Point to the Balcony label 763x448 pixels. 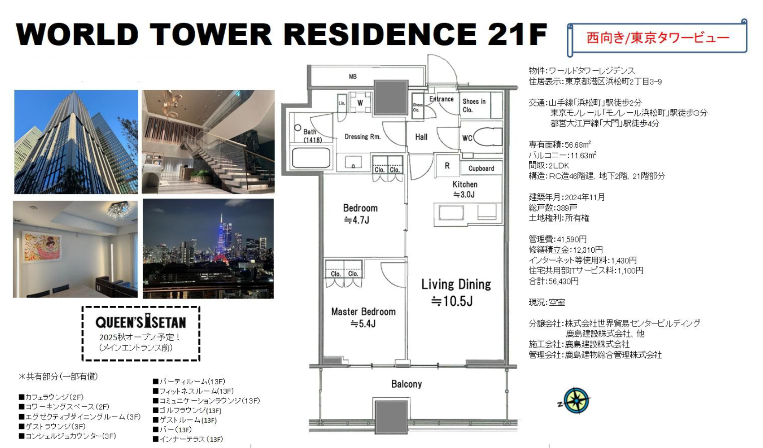(x=406, y=384)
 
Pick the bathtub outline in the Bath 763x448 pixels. (x=311, y=158)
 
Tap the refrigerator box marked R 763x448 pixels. (x=447, y=166)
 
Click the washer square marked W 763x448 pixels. (x=360, y=102)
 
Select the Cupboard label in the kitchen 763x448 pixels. (x=481, y=169)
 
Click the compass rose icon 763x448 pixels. (x=576, y=401)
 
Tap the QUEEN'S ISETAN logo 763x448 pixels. (x=140, y=321)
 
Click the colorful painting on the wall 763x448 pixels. (x=42, y=247)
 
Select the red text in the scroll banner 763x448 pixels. (x=658, y=38)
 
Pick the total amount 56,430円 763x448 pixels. (x=563, y=282)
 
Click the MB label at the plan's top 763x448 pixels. (x=353, y=77)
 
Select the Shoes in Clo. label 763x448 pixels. (x=473, y=106)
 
